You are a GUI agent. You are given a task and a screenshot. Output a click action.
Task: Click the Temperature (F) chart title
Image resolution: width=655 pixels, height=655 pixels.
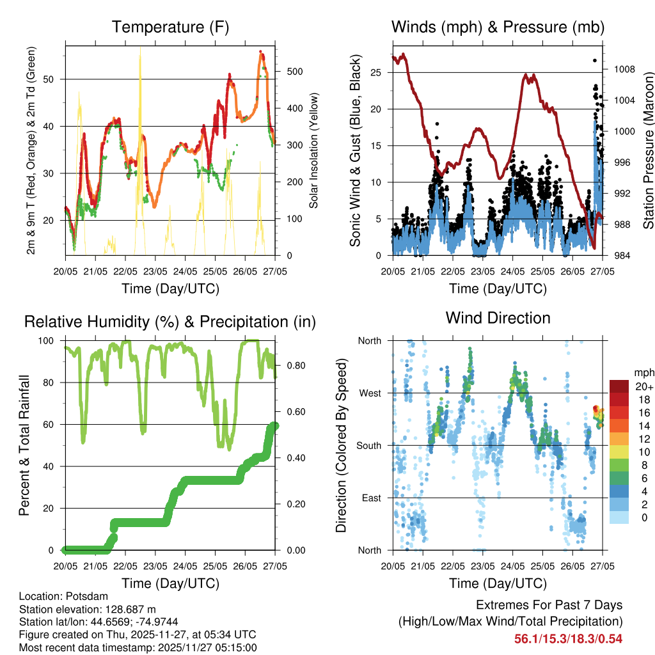[x=170, y=27]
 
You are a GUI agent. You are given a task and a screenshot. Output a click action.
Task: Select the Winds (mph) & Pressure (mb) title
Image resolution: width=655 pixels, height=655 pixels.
[x=498, y=27]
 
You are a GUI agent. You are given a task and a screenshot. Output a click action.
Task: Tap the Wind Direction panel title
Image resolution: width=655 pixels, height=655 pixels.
[x=498, y=317]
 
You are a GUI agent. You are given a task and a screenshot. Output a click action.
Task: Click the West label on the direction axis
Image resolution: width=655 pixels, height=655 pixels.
[x=370, y=393]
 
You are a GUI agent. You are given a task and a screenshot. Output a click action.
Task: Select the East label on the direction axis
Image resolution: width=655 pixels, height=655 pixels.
[x=370, y=498]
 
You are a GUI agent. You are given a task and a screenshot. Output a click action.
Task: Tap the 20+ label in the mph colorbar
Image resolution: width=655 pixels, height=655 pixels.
[x=643, y=386]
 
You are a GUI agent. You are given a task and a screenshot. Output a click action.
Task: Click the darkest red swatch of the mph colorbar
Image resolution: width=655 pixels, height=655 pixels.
[x=619, y=386]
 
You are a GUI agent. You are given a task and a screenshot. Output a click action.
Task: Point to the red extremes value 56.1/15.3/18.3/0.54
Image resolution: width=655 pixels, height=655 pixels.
[x=568, y=638]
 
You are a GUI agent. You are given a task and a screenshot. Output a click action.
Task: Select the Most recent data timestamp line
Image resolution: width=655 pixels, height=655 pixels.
[x=138, y=647]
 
